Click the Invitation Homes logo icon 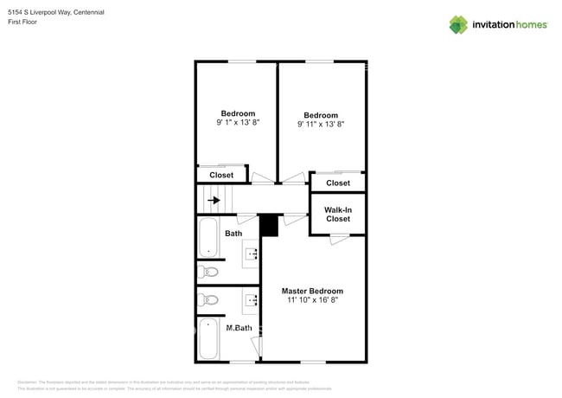click(x=458, y=24)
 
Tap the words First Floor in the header click(x=23, y=23)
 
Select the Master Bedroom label click(x=312, y=291)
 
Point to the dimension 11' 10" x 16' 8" click(x=312, y=300)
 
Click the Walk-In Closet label click(x=337, y=214)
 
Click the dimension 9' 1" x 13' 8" click(x=238, y=123)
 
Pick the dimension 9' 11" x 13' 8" click(x=321, y=125)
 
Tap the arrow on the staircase click(x=214, y=200)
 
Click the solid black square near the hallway click(x=269, y=225)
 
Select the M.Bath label click(x=238, y=328)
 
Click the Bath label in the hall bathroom click(x=233, y=234)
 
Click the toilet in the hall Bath click(x=208, y=272)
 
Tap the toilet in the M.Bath click(x=208, y=300)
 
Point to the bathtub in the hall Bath click(x=208, y=237)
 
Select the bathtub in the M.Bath click(x=208, y=339)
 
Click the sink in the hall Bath click(x=252, y=254)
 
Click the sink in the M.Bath click(x=252, y=300)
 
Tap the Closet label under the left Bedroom click(x=221, y=175)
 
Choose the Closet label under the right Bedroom click(x=337, y=183)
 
